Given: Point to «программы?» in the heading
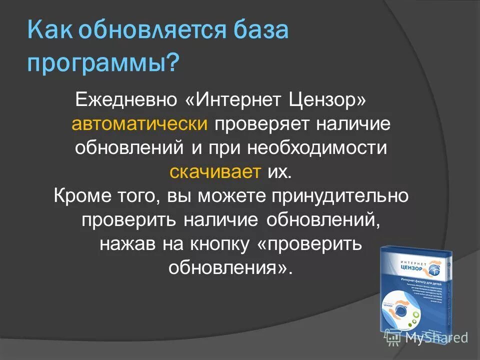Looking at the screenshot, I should click(x=103, y=64).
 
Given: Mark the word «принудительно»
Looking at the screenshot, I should click(x=340, y=196).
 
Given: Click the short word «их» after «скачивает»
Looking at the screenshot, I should click(x=278, y=172).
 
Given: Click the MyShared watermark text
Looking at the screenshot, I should click(x=436, y=337).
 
